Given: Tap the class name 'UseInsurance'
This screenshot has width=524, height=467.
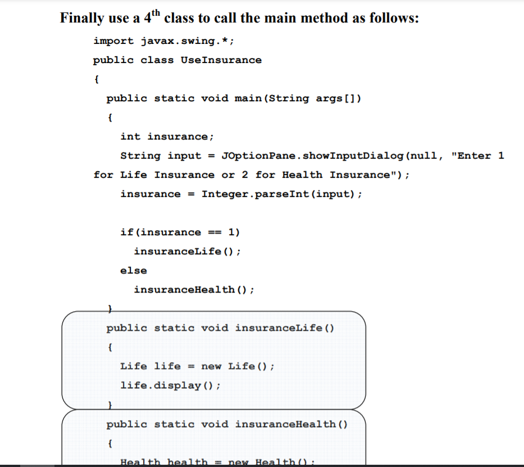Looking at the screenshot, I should point(221,60).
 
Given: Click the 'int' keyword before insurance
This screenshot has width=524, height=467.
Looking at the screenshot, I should point(130,137).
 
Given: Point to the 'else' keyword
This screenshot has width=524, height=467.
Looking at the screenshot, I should point(134,271).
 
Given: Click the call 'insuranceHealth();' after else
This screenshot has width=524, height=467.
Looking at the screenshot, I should point(194,290).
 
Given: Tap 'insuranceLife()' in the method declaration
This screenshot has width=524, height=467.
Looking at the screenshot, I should point(285,328).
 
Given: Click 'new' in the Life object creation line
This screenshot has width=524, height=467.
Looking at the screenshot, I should point(211,366).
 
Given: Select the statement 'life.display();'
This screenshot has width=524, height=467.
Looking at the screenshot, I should point(171,385).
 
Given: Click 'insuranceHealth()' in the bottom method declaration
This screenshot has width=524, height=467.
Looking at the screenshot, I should point(291,424).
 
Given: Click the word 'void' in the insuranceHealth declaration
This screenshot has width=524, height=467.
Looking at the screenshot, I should point(215,424).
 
